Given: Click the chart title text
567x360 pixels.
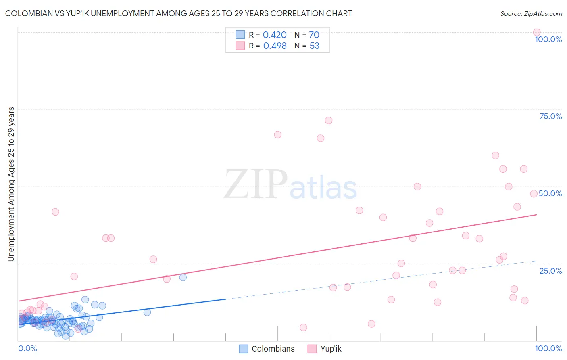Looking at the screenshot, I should [x=178, y=13].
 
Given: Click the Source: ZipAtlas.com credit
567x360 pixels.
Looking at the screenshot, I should [x=531, y=13].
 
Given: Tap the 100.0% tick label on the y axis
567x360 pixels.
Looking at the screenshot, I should [x=548, y=39].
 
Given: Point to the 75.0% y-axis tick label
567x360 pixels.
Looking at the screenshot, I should [x=550, y=116].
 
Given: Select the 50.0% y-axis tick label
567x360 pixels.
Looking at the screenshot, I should [x=550, y=193].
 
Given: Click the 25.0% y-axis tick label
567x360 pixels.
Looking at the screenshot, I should [x=550, y=271].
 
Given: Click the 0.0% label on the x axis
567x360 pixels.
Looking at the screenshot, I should [x=27, y=348].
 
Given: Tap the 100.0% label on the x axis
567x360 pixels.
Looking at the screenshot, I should [x=548, y=348].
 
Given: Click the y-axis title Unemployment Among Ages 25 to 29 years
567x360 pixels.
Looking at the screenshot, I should [x=11, y=184].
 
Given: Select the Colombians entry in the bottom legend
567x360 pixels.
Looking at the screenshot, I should [x=273, y=349].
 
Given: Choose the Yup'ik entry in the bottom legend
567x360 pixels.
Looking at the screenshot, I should [x=331, y=349].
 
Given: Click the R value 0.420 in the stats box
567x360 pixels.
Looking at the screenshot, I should [x=275, y=35].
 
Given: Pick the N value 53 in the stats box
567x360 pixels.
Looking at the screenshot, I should [x=314, y=46].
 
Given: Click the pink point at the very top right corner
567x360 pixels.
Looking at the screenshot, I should [x=537, y=32].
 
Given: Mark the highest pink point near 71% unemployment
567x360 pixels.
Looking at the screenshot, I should [x=329, y=121].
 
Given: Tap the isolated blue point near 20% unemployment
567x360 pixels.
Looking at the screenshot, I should [x=183, y=277].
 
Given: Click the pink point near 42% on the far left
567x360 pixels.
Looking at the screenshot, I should [x=56, y=212].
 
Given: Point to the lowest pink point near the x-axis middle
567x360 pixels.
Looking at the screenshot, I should [x=304, y=327].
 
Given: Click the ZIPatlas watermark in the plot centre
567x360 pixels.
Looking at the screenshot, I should [x=290, y=185].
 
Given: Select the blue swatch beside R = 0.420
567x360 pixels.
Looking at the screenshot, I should [x=240, y=35].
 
